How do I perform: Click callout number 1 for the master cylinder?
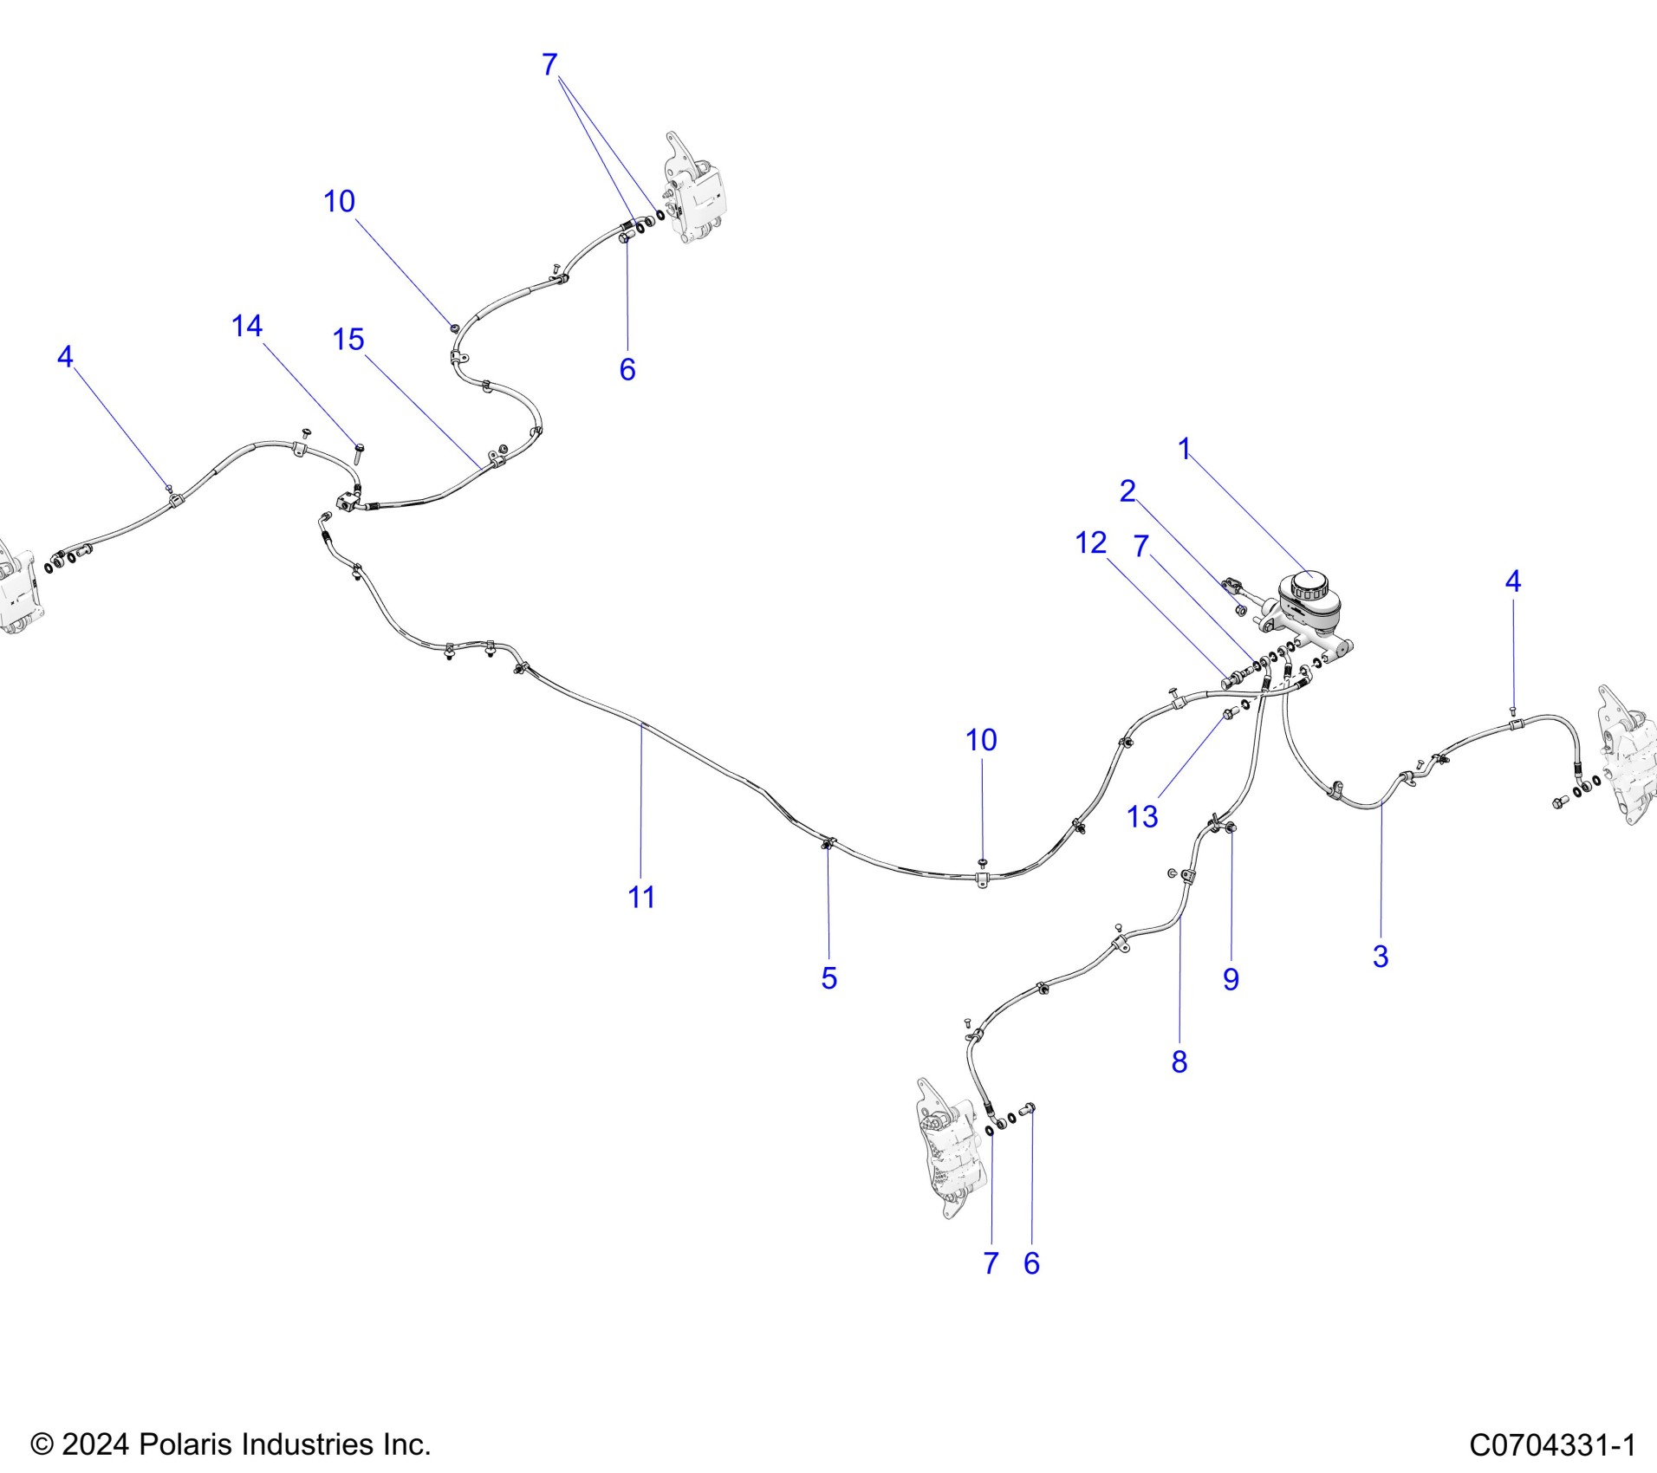coord(1184,449)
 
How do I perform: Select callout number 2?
coord(1127,491)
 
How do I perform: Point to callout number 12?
coord(1090,543)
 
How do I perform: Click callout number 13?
coord(1141,816)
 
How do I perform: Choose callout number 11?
coord(641,897)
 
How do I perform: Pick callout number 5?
coord(828,978)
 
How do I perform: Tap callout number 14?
coord(247,326)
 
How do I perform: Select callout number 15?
coord(348,340)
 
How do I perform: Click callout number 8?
coord(1179,1061)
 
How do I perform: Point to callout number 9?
coord(1231,979)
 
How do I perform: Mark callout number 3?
coord(1381,957)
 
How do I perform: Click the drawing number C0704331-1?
coord(1552,1445)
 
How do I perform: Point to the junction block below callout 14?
coord(348,500)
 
